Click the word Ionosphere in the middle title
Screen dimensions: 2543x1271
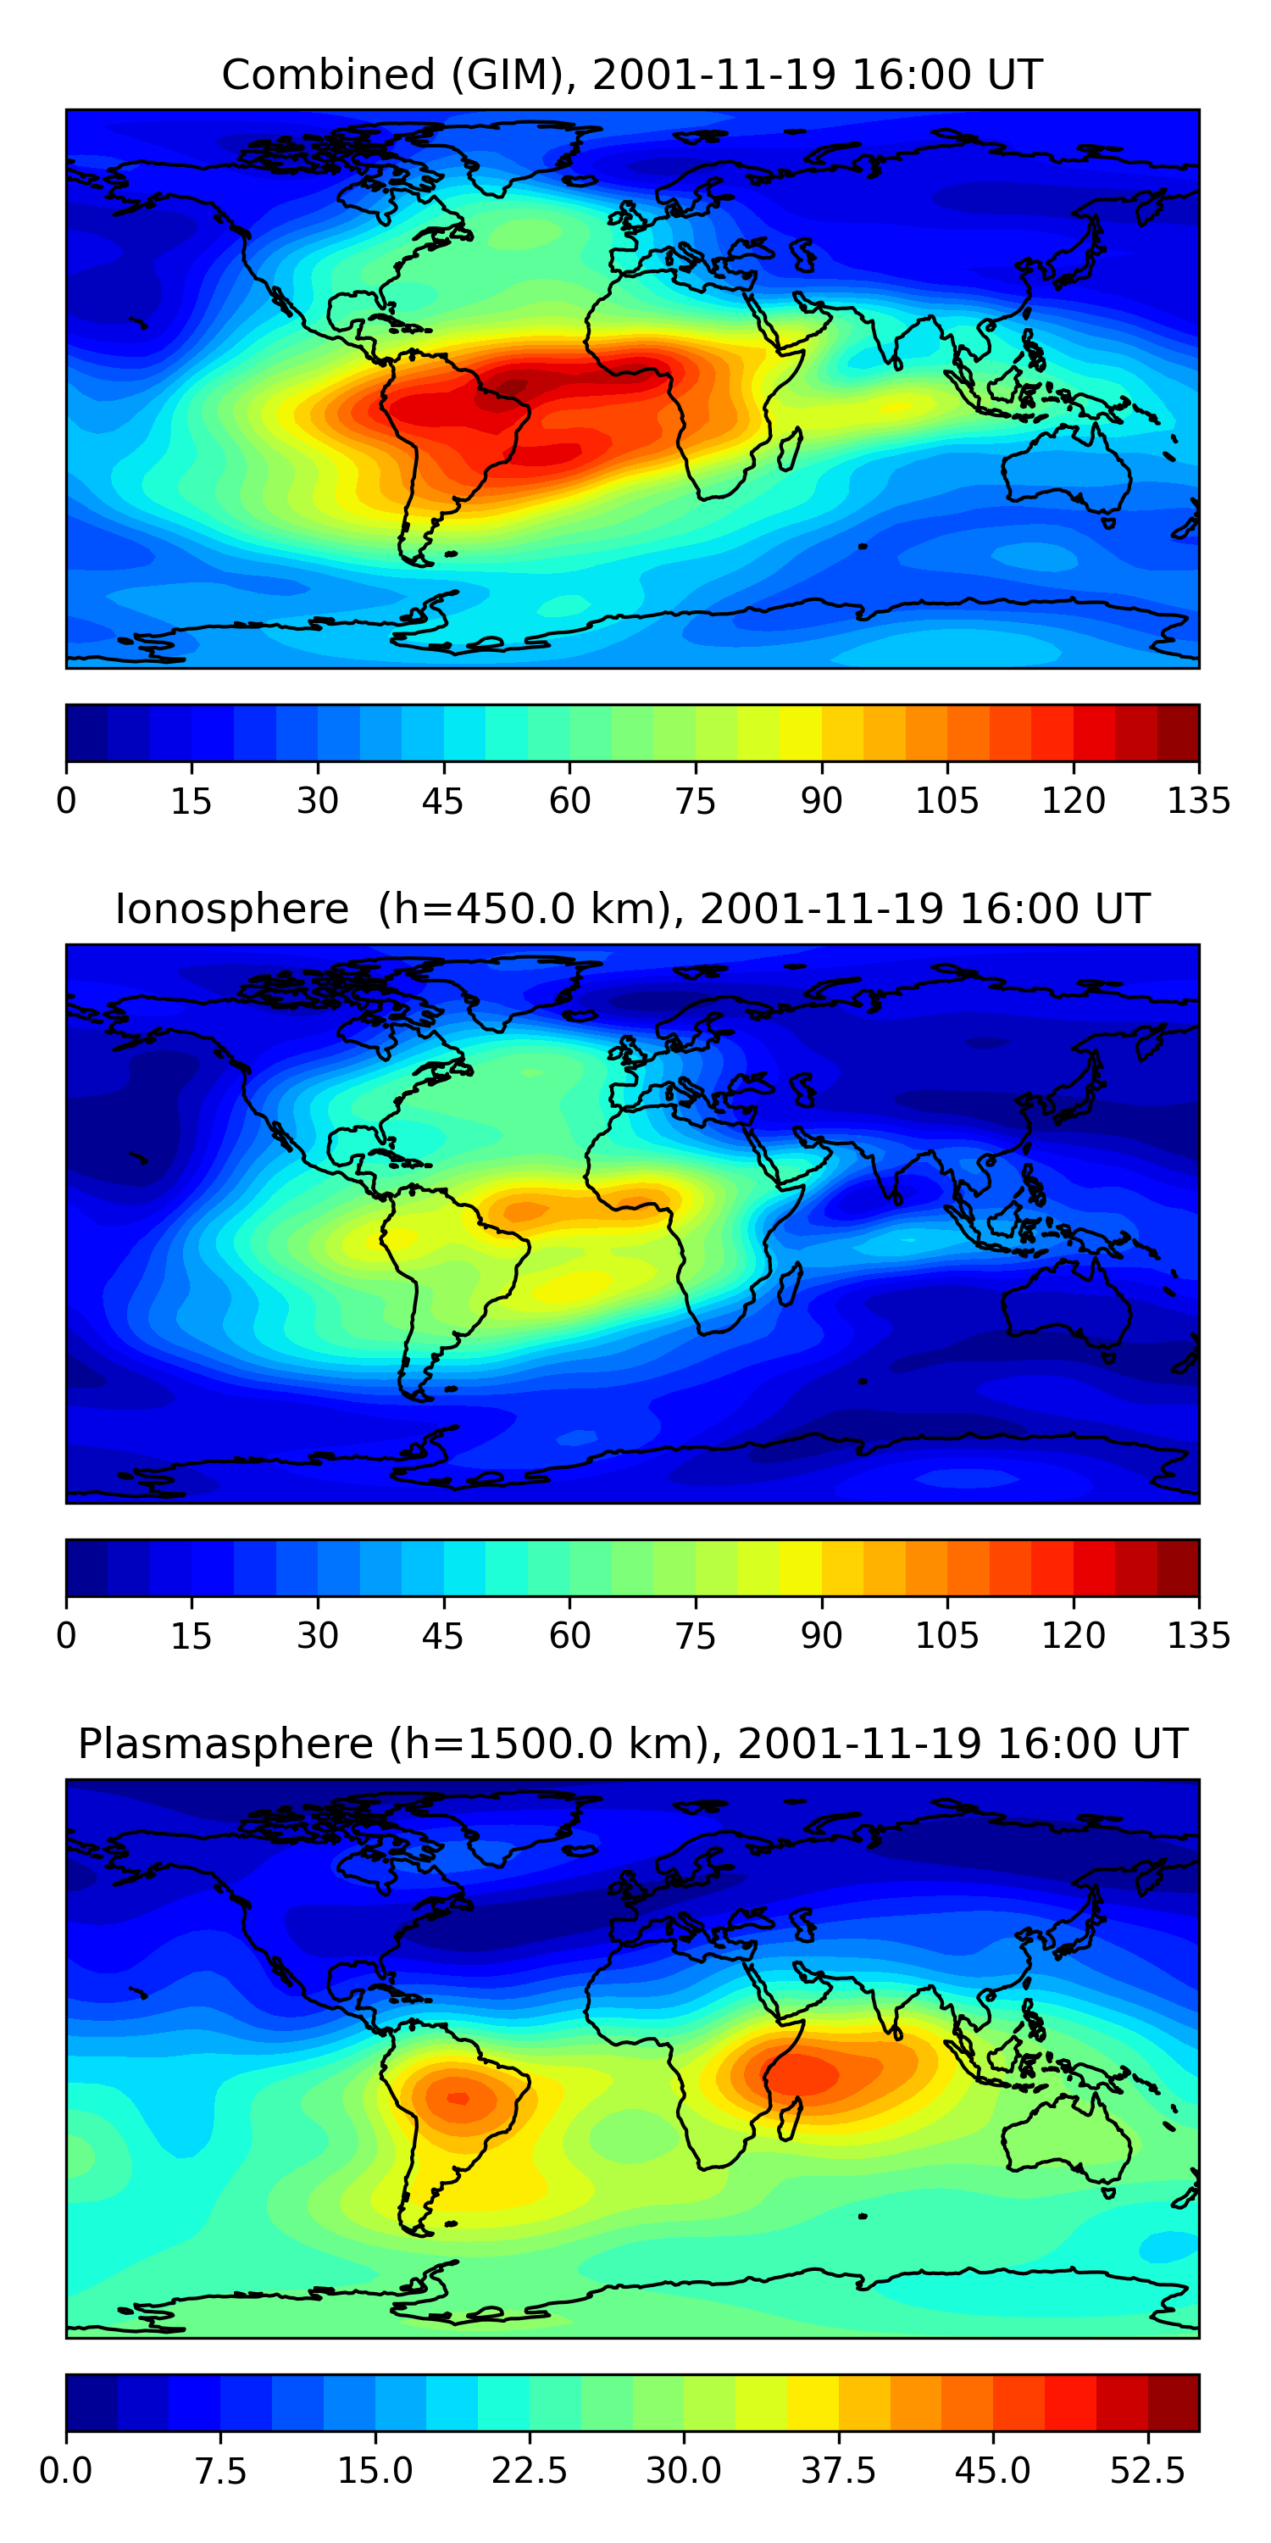(232, 910)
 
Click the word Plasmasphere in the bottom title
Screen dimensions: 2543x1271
(225, 1744)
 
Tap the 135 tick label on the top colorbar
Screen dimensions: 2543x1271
(1198, 800)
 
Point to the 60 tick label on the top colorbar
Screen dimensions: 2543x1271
(569, 800)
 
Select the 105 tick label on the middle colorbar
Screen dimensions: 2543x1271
(946, 1636)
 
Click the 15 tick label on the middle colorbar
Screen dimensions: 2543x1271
(191, 1636)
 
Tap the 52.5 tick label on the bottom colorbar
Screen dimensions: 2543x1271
(1146, 2471)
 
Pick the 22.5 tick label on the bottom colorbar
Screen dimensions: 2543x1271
(529, 2471)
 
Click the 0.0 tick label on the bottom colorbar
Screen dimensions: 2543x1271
(66, 2471)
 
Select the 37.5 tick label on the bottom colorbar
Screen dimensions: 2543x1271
(838, 2471)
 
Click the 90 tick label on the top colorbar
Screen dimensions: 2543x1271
(821, 800)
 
